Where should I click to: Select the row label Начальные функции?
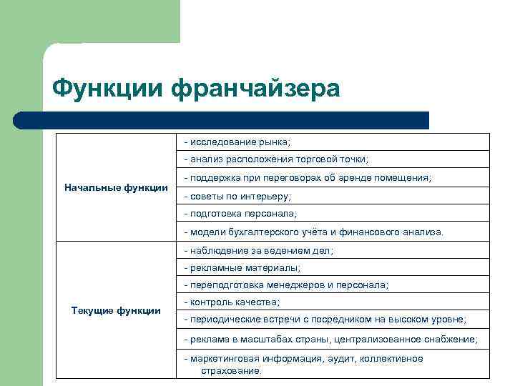116,187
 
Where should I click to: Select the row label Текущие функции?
116,310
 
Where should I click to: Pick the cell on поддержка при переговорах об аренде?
308,177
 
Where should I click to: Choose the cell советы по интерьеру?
237,196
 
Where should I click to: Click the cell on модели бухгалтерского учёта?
313,232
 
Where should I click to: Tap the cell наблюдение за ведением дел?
258,251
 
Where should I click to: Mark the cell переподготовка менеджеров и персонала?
286,284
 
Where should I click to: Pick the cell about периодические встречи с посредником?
325,320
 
